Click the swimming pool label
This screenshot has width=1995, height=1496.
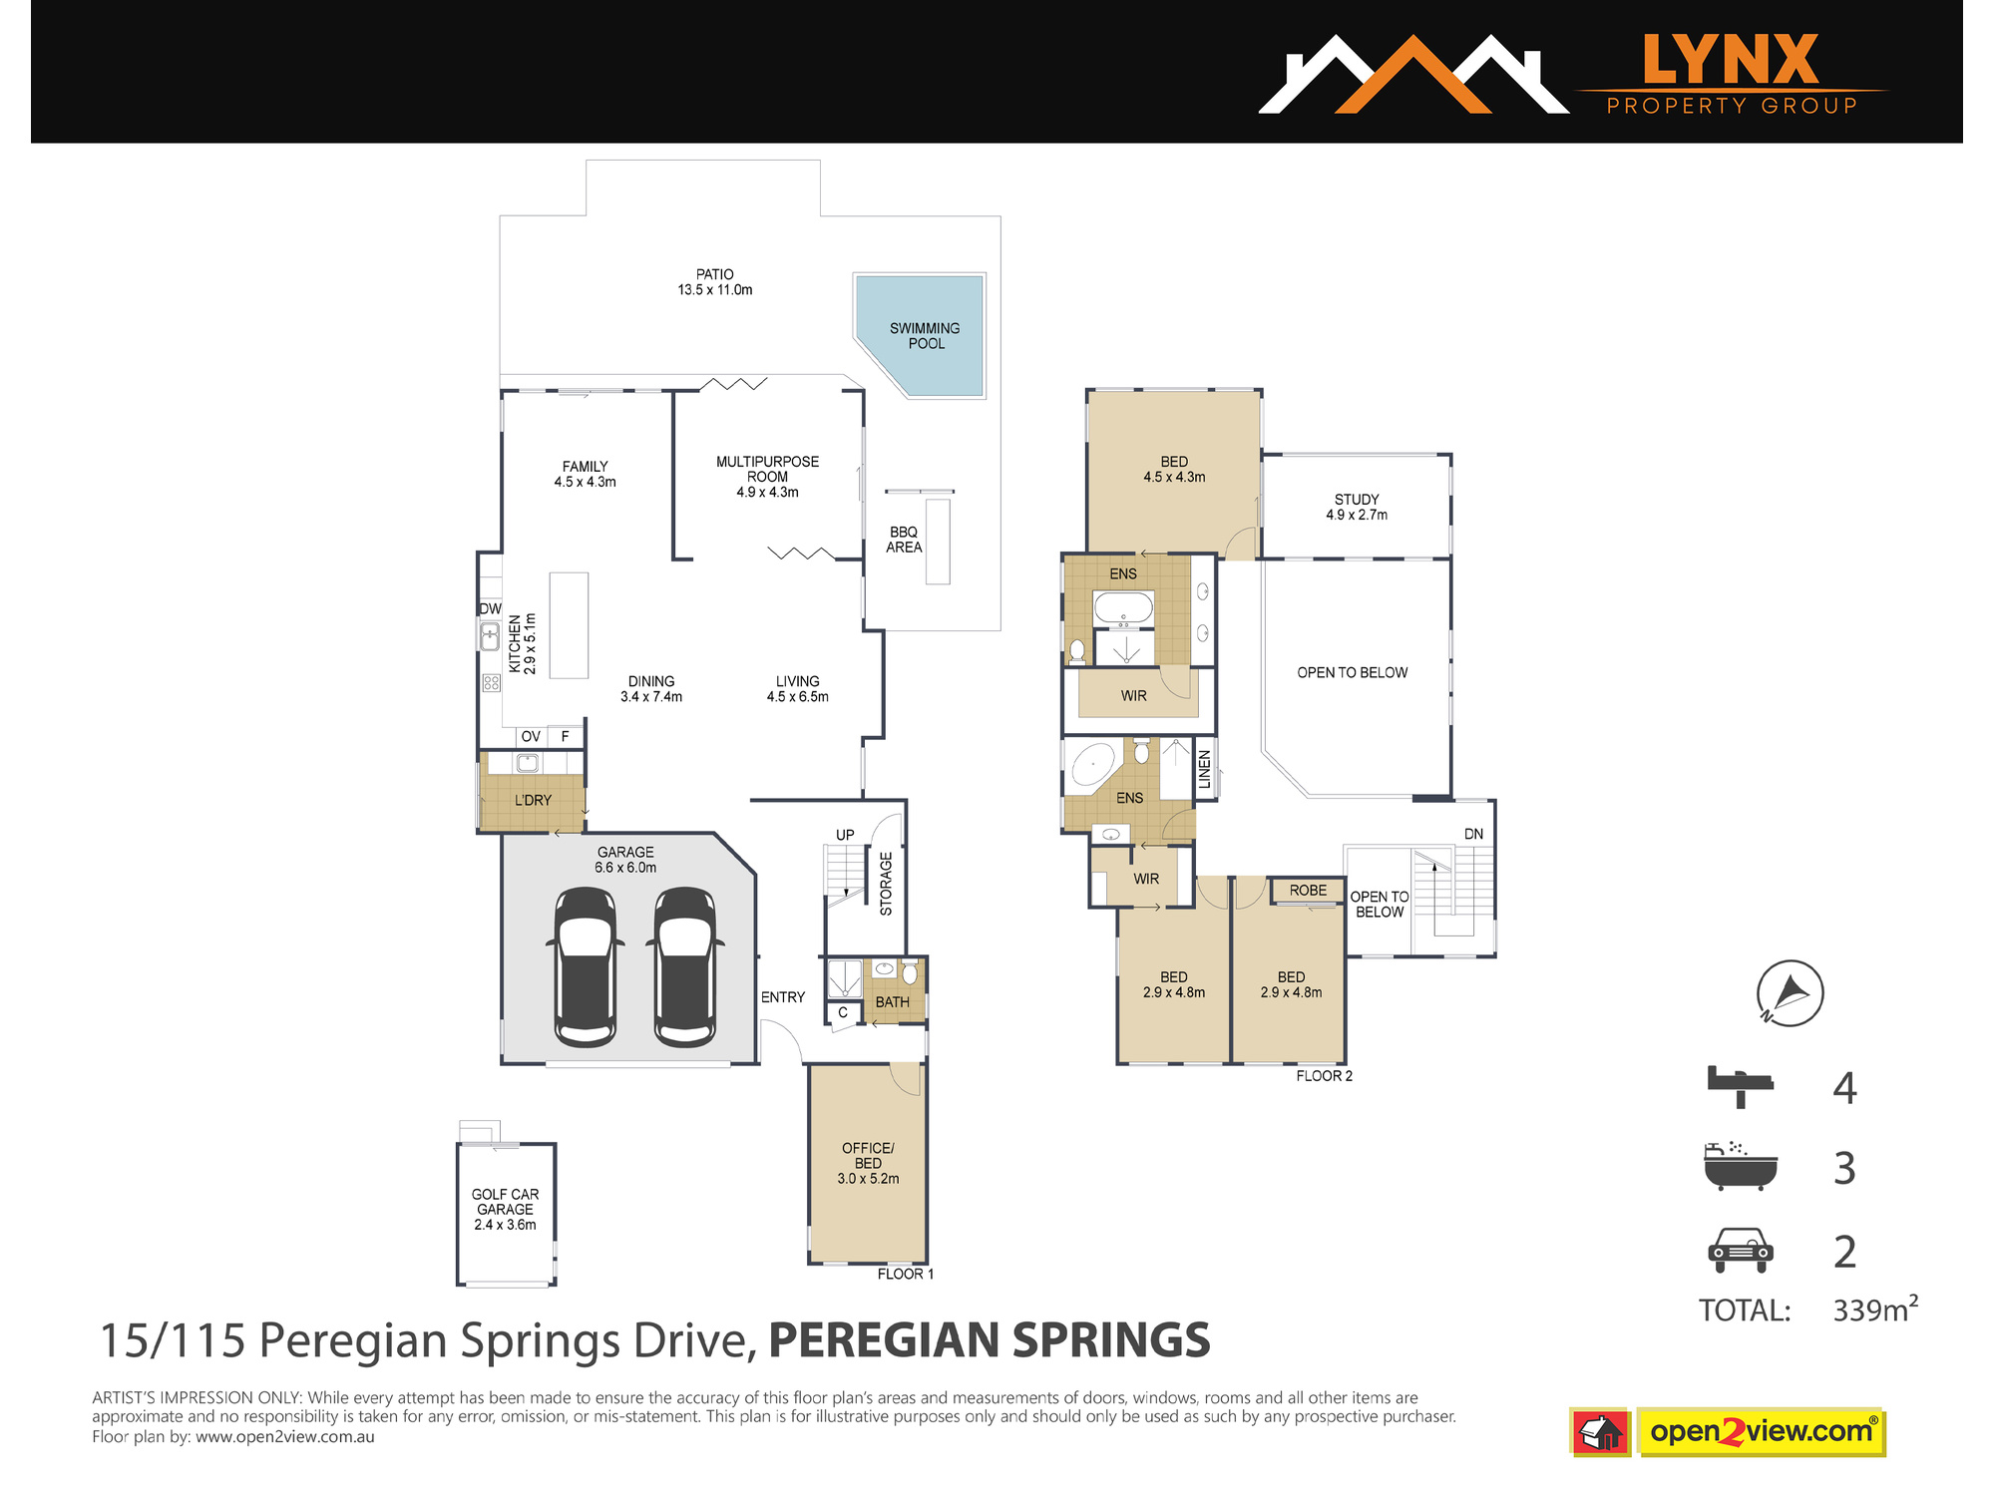[x=925, y=336]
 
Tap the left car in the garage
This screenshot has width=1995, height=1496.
[x=586, y=966]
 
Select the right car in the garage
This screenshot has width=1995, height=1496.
[x=685, y=966]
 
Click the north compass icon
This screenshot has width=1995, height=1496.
[x=1790, y=993]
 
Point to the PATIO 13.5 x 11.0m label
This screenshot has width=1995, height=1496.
[x=715, y=282]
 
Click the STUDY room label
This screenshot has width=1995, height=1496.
[x=1357, y=507]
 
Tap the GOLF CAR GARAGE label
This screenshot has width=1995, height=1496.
[x=505, y=1209]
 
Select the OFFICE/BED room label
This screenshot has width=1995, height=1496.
[x=868, y=1163]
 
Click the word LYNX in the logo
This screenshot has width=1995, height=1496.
[x=1731, y=60]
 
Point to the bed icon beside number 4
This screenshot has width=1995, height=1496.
[x=1740, y=1086]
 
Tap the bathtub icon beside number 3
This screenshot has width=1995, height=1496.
[x=1741, y=1166]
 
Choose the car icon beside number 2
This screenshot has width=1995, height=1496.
[x=1741, y=1251]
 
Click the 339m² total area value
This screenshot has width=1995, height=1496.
[x=1875, y=1309]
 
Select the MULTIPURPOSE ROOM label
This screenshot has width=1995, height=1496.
[x=767, y=477]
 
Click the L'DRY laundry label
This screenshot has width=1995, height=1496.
[x=533, y=800]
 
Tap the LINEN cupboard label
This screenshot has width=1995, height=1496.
[x=1205, y=769]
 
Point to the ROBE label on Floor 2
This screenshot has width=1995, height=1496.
[x=1308, y=891]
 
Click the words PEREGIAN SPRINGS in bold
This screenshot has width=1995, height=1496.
[x=990, y=1340]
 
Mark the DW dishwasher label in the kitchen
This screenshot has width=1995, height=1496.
[x=490, y=608]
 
